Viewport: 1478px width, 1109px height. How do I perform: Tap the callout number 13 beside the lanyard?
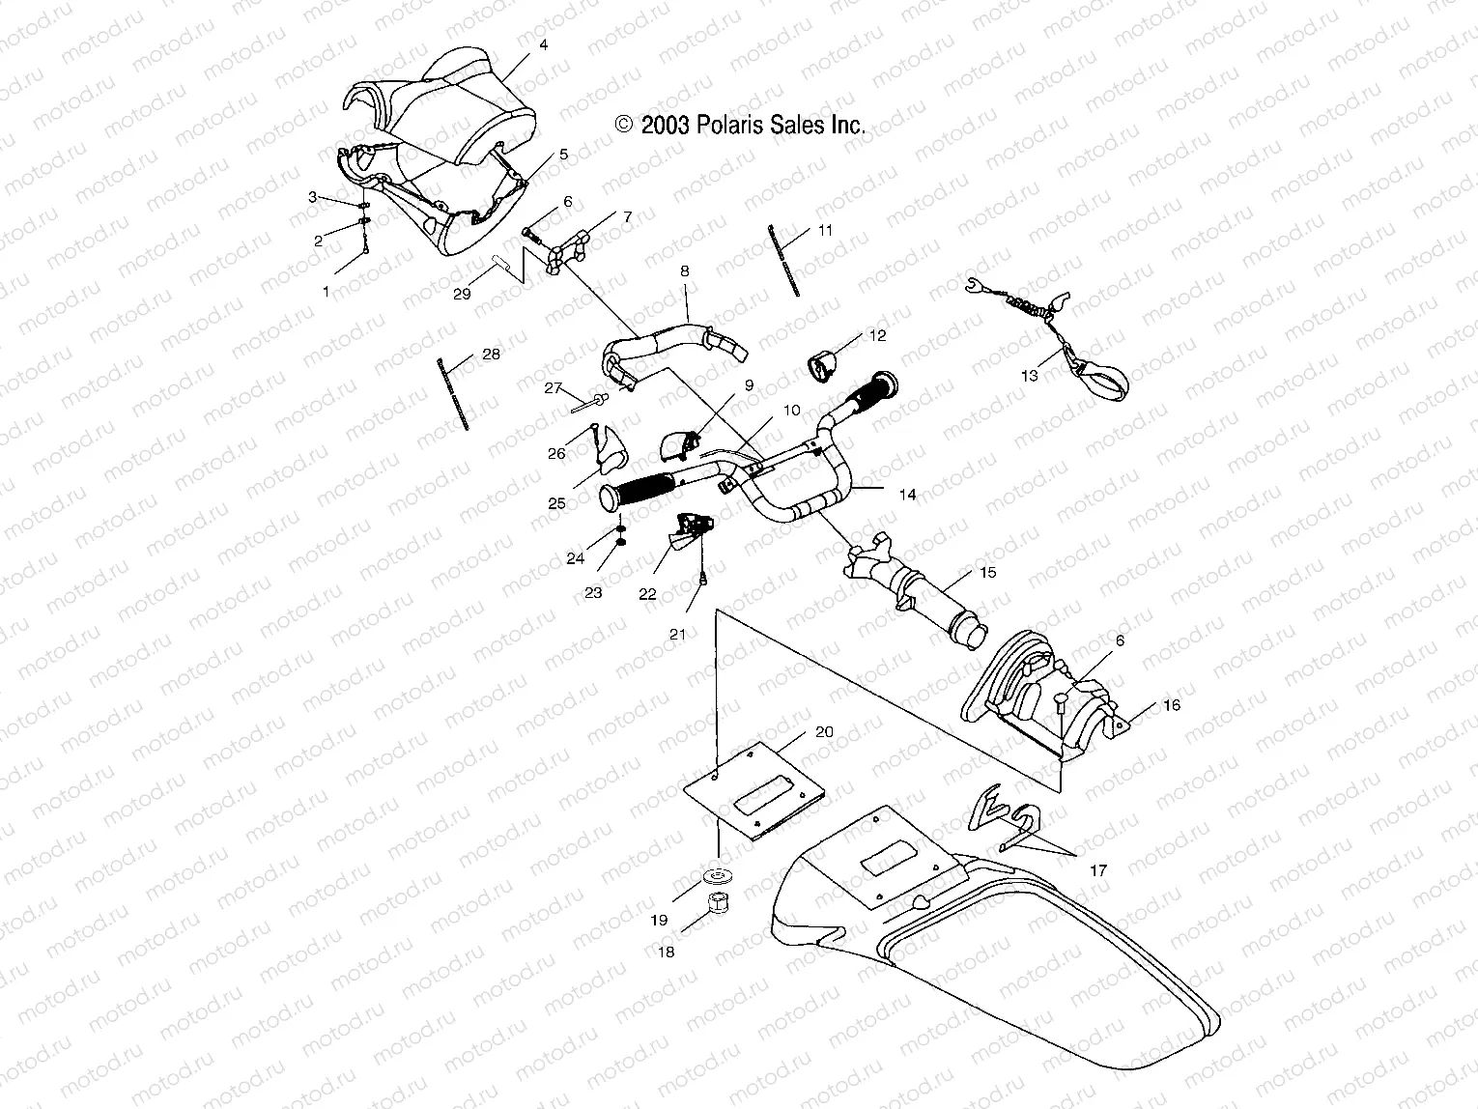[1030, 376]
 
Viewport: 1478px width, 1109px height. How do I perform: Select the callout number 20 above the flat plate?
[823, 731]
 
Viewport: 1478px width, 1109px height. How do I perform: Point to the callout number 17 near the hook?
[1098, 870]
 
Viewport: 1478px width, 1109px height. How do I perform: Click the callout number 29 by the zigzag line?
[462, 294]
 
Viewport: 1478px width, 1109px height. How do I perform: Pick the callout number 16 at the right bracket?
[1172, 706]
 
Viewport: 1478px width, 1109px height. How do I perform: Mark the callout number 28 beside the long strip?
[491, 355]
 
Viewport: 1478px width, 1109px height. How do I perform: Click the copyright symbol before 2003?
[624, 125]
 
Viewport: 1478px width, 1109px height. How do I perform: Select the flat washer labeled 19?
[718, 876]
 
